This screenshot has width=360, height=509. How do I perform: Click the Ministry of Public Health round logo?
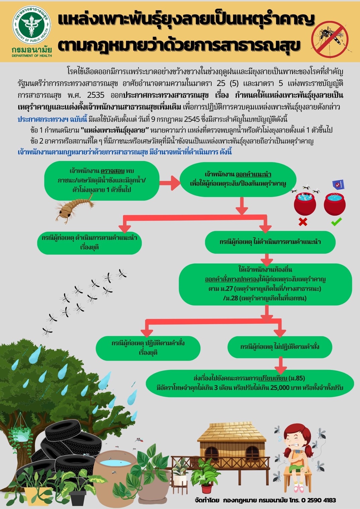click(31, 25)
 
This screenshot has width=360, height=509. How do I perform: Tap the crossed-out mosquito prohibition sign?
click(330, 39)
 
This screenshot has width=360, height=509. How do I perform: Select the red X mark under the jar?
click(303, 221)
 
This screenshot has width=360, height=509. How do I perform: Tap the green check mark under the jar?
click(336, 221)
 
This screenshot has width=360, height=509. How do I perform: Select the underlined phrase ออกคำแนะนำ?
click(253, 174)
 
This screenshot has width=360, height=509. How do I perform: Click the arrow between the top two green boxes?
click(170, 183)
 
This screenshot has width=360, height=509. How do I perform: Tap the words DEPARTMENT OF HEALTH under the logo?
click(32, 56)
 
